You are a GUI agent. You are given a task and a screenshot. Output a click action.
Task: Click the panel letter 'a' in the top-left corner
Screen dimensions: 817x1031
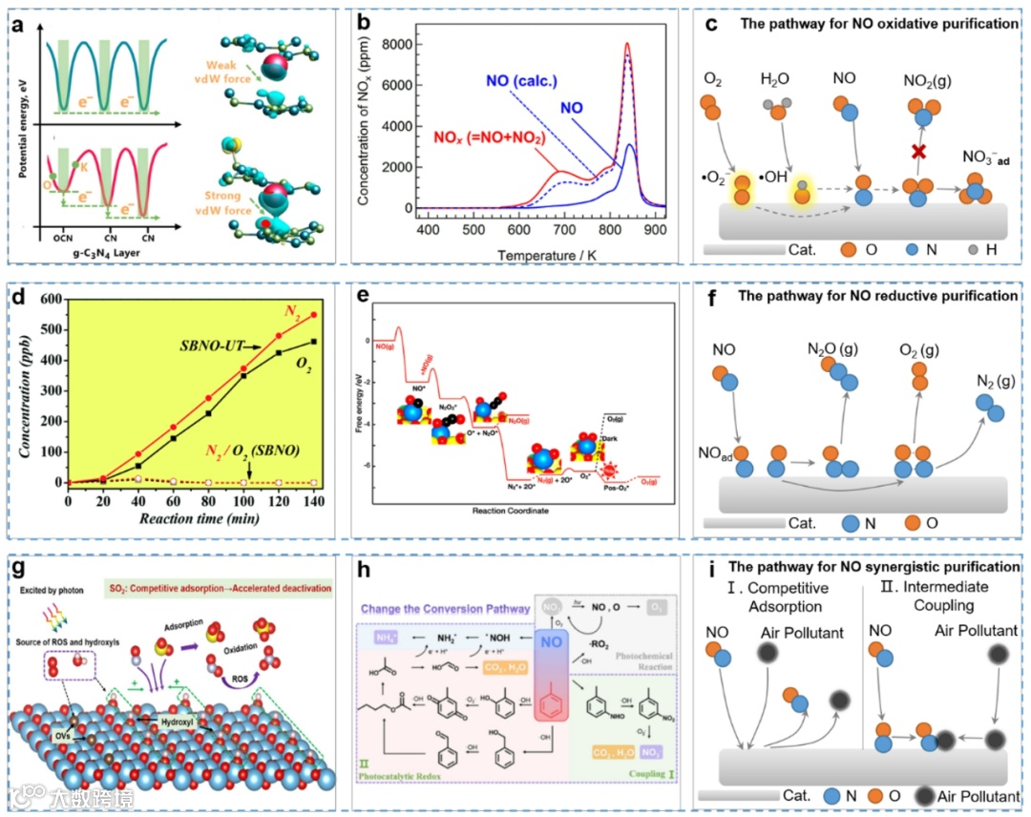click(x=17, y=22)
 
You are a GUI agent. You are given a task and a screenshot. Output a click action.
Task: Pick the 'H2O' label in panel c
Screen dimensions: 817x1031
click(x=777, y=78)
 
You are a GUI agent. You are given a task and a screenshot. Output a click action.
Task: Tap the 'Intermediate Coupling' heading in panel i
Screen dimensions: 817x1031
click(x=941, y=597)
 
